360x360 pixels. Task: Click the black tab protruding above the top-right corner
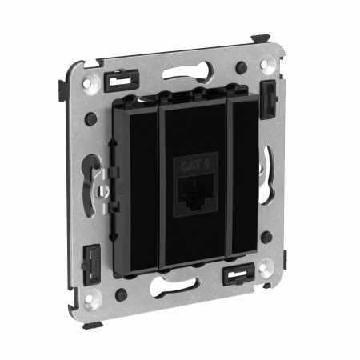pyautogui.click(x=262, y=38)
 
